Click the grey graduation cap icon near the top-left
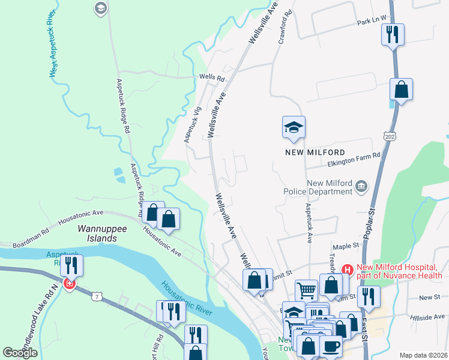coord(100,8)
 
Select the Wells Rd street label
coord(212,78)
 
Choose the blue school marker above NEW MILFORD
coord(294,127)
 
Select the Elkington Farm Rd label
coord(354,155)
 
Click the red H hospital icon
coord(346,270)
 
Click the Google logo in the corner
coord(20,353)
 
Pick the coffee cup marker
coord(331,346)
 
